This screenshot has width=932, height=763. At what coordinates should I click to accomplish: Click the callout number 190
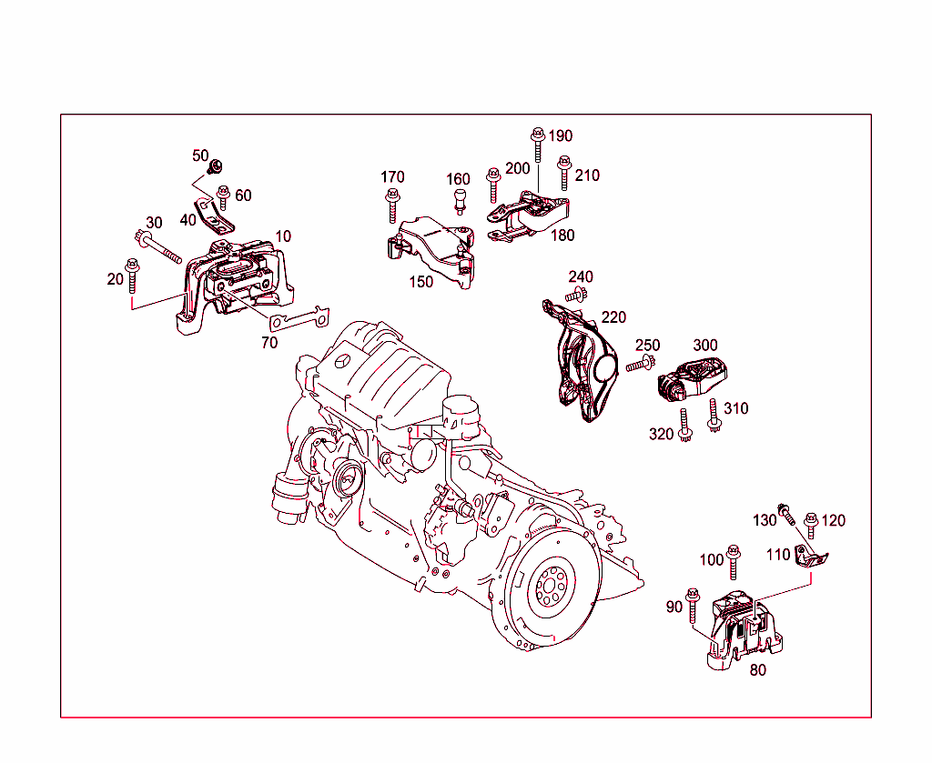(561, 136)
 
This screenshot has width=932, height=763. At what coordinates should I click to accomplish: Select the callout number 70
(269, 343)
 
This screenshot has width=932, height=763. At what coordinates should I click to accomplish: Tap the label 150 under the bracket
(420, 282)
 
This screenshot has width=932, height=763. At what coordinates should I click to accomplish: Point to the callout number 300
(705, 346)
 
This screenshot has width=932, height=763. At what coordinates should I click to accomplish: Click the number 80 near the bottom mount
(757, 670)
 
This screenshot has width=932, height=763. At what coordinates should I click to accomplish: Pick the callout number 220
(613, 317)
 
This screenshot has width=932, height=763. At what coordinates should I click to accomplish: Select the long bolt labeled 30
(158, 246)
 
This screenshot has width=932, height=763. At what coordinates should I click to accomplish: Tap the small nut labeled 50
(217, 166)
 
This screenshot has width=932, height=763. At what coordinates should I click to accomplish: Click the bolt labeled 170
(392, 205)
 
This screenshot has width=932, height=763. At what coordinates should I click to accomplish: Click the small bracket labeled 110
(808, 557)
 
